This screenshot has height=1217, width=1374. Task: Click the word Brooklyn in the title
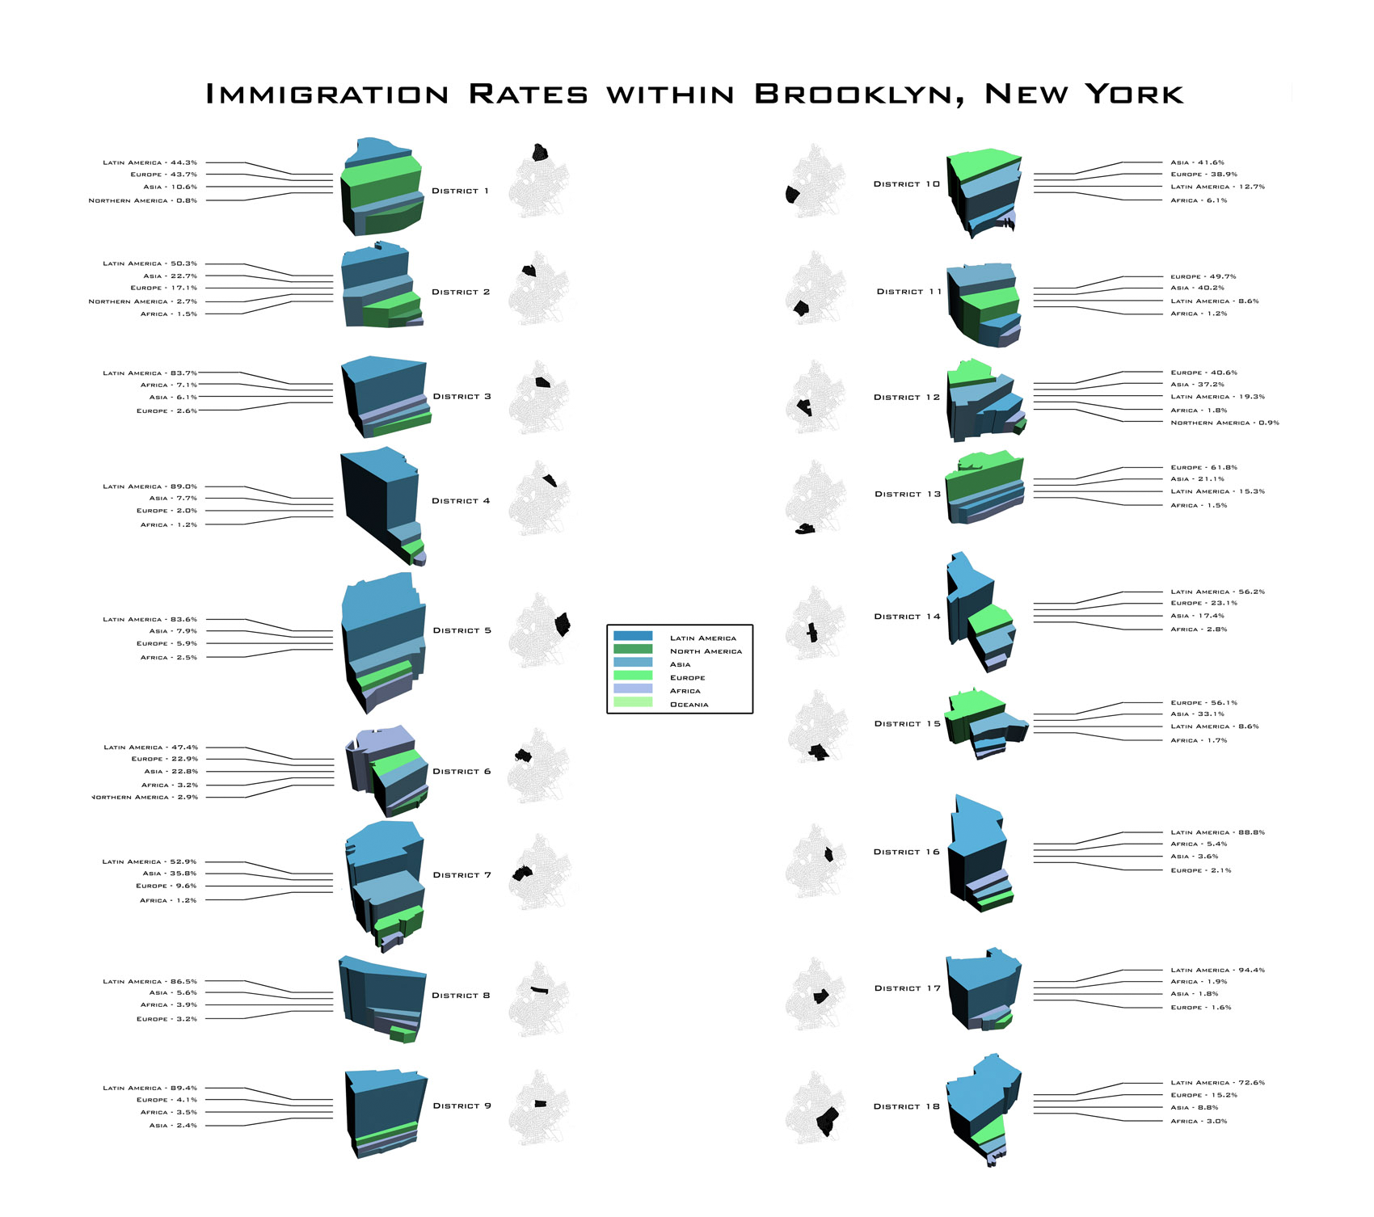point(860,95)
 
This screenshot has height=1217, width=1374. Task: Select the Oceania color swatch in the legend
point(633,702)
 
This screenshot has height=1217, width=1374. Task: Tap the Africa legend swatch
point(633,689)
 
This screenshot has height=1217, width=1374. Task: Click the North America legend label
point(706,651)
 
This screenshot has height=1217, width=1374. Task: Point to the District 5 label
point(462,630)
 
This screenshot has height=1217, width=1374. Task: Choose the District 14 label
point(907,617)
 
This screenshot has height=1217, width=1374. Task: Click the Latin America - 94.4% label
point(1217,970)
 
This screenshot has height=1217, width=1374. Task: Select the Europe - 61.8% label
point(1203,467)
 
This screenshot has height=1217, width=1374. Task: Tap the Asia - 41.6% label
point(1197,162)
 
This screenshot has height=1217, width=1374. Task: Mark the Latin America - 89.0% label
point(150,486)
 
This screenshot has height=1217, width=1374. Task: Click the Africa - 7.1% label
point(168,385)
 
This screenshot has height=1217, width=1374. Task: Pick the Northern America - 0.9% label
point(1224,423)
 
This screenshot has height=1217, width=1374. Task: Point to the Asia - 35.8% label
point(169,874)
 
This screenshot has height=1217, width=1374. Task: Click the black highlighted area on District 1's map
point(540,153)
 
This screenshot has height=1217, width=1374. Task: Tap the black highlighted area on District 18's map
point(828,1121)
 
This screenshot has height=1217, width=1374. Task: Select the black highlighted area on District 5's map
point(563,624)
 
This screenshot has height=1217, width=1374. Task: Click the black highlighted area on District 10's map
point(792,194)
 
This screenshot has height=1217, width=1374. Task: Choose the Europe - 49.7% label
point(1203,276)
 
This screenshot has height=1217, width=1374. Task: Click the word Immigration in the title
point(327,95)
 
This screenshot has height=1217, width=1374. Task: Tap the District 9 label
point(462,1105)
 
